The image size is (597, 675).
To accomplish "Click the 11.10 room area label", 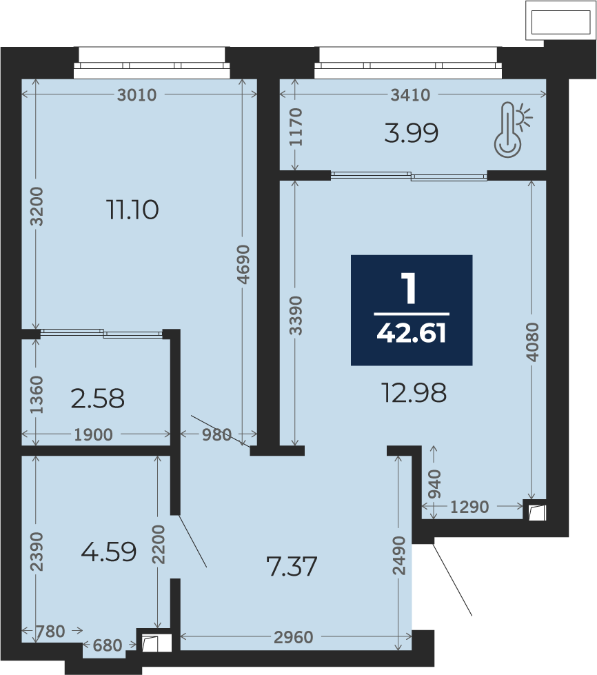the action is pos(132,210).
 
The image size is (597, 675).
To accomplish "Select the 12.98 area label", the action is pos(414,392).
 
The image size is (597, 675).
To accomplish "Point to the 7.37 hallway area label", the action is pos(292,566).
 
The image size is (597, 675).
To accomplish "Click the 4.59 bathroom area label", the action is pos(109,552).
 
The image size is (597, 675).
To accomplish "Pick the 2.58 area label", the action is pos(98,399).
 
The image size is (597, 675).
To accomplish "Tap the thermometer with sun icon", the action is pos(513,130).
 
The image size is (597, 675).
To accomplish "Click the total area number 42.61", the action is pos(412,334).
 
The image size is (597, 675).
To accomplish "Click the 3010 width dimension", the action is pos(137,94).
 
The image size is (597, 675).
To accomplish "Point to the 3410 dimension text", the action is pos(410,94).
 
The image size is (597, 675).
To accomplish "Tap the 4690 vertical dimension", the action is pos(243,264).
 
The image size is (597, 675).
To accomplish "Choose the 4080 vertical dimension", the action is pos(532,342).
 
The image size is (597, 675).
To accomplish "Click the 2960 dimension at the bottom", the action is pos(294,637).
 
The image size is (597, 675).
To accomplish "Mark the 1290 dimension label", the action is pos(469,507).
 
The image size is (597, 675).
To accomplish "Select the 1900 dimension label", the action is pos(93,435).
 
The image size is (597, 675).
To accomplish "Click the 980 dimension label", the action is pos(217,434).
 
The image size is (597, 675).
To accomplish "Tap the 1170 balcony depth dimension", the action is pos(296,127).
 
